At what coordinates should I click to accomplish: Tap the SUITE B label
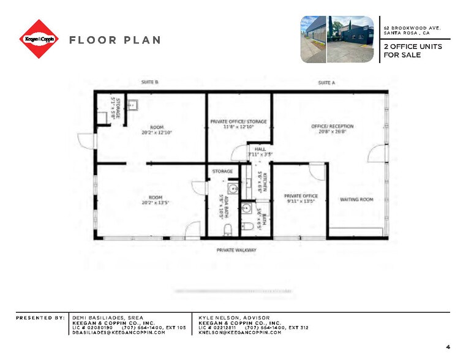[x=150, y=82]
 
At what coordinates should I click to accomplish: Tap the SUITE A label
[x=326, y=82]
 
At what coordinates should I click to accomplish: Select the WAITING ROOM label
[x=357, y=200]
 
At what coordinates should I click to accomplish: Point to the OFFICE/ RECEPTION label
[x=333, y=127]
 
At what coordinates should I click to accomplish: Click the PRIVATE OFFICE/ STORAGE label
[x=239, y=122]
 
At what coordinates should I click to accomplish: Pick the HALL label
[x=260, y=148]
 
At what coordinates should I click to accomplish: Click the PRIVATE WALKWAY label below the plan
[x=236, y=250]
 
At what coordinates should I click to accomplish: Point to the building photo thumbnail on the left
[x=312, y=39]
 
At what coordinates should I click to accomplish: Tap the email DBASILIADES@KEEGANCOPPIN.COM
[x=119, y=332]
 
